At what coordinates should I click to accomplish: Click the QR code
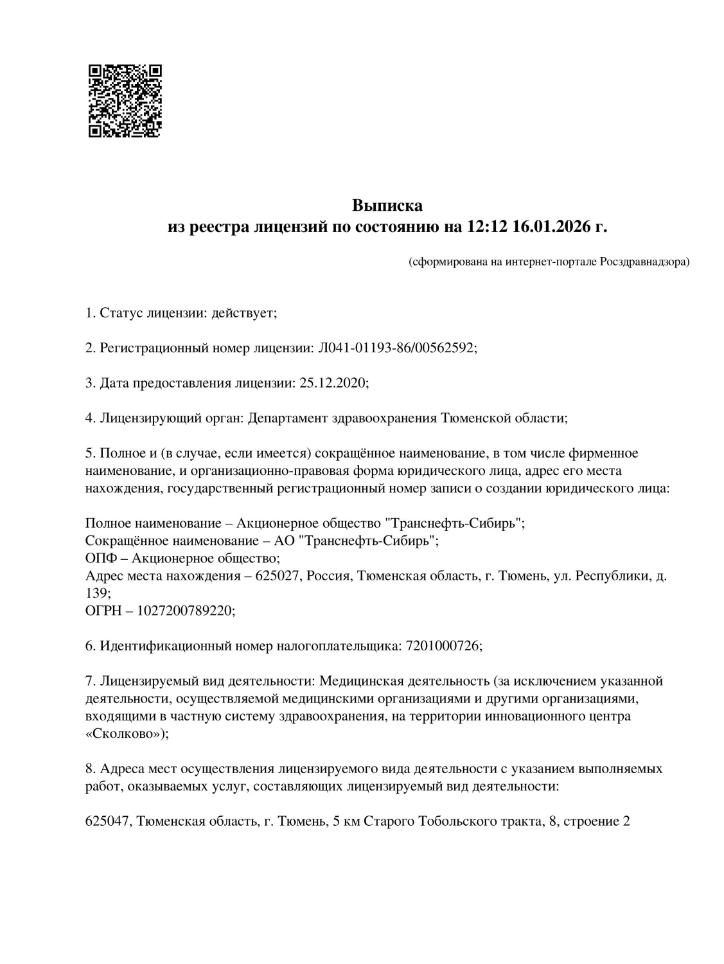coord(125,101)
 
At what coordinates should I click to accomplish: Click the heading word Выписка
coord(387,206)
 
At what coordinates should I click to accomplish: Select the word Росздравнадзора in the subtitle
coord(643,262)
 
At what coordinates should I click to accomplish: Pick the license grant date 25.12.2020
coord(333,383)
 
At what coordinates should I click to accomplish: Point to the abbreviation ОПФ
coord(100,558)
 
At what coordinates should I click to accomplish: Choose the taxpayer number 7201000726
coord(443,646)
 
